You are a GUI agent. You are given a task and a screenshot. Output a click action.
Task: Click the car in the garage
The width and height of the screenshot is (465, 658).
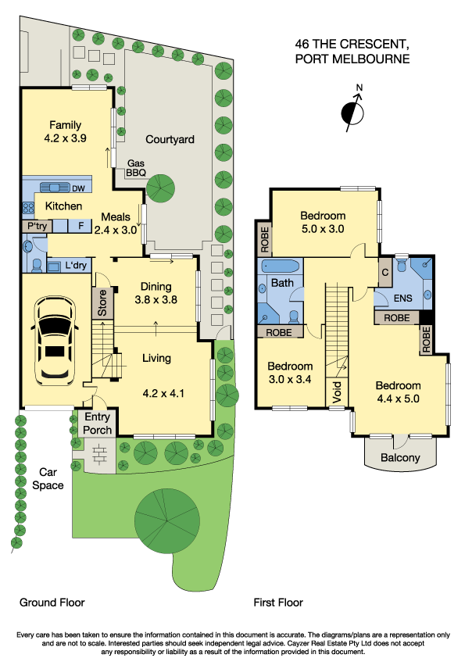click(54, 342)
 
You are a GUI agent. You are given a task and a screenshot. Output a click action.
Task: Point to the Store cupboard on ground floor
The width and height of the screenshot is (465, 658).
click(101, 303)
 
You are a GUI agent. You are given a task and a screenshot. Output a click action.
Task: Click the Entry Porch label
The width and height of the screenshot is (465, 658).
click(98, 424)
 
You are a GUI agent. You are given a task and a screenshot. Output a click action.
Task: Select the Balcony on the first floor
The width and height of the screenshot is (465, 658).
click(400, 458)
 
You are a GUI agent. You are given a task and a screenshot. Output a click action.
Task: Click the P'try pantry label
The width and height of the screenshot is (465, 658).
click(38, 226)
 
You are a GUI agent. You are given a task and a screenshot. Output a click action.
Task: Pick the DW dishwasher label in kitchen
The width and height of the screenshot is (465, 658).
click(77, 188)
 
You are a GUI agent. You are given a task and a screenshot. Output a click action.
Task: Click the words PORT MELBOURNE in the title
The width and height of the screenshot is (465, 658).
click(352, 59)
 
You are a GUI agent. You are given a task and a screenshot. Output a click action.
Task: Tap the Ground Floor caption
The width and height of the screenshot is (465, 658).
click(52, 603)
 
